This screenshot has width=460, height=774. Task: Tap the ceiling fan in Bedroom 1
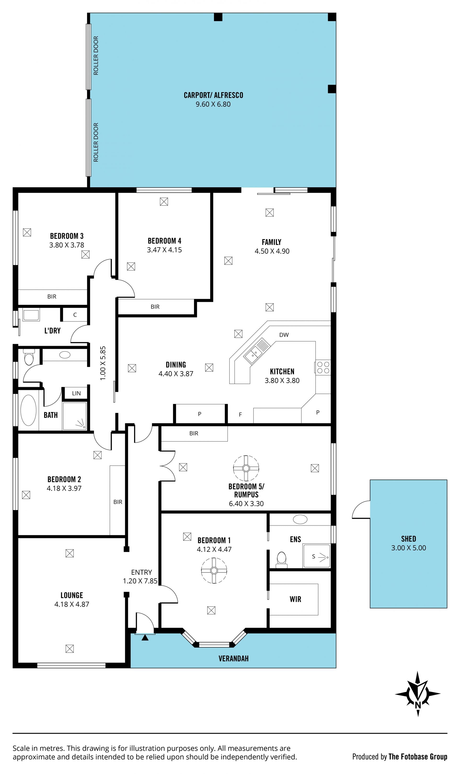pyautogui.click(x=214, y=570)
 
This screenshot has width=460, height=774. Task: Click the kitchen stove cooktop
pyautogui.click(x=323, y=367)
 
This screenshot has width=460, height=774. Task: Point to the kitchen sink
pyautogui.click(x=257, y=351)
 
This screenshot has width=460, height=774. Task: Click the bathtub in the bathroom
pyautogui.click(x=28, y=410)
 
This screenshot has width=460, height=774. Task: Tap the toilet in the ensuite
pyautogui.click(x=282, y=560)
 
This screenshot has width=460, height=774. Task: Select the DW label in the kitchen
pyautogui.click(x=284, y=335)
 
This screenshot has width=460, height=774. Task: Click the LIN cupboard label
pyautogui.click(x=76, y=393)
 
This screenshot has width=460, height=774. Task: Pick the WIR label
pyautogui.click(x=295, y=599)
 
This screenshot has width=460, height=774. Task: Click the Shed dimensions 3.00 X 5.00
pyautogui.click(x=408, y=548)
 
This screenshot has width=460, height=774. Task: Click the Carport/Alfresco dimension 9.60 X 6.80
pyautogui.click(x=213, y=104)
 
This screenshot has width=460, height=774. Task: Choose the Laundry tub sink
pyautogui.click(x=31, y=315)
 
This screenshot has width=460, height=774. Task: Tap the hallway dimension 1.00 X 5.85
pyautogui.click(x=103, y=363)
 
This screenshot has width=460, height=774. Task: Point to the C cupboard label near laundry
pyautogui.click(x=75, y=315)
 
